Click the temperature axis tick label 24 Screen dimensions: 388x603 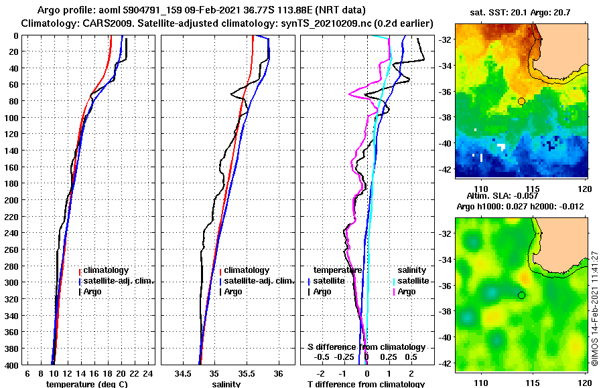(x=148, y=374)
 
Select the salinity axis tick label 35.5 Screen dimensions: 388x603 (x=246, y=374)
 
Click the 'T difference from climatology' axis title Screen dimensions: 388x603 (x=366, y=385)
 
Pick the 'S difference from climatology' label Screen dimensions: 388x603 (x=366, y=347)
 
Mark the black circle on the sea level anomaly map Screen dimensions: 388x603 (x=521, y=295)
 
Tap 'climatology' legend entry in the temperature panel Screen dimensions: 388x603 (x=107, y=270)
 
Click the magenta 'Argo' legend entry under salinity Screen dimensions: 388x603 (x=406, y=292)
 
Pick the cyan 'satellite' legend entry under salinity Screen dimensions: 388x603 (x=409, y=281)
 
